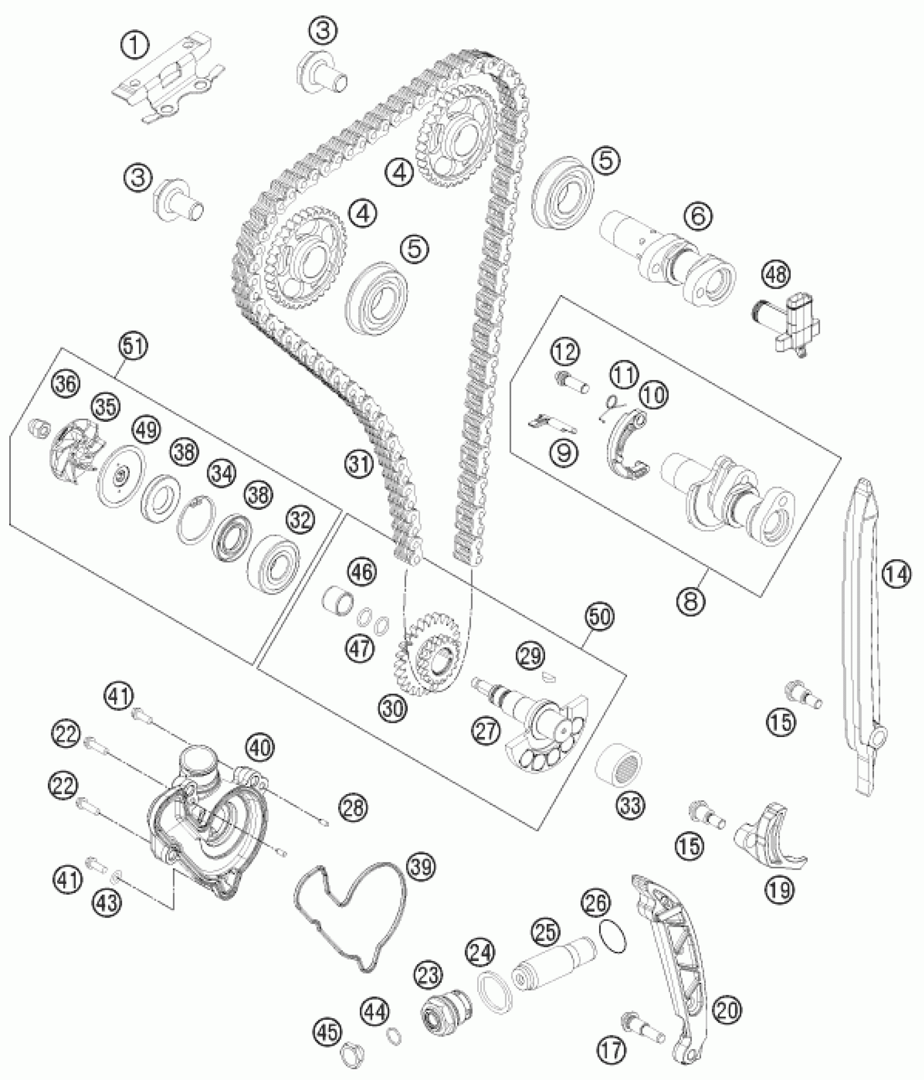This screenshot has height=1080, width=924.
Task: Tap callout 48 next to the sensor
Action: pos(776,274)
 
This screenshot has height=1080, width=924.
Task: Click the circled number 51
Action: pos(134,346)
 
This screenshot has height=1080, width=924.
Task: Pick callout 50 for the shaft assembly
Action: pos(599,616)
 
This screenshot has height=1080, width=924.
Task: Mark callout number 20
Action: pos(728,1009)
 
